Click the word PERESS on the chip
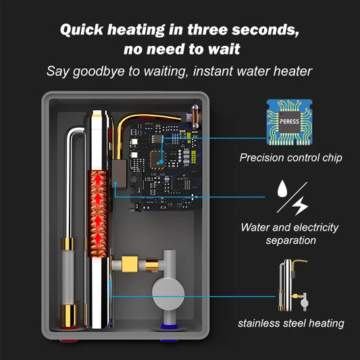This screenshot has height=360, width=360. point(289,122)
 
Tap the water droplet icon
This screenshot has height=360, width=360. point(282,188)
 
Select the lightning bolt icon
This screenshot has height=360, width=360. point(300,205)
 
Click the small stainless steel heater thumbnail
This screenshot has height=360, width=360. point(293,286)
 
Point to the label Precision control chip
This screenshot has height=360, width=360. point(291,158)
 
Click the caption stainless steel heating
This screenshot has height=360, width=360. point(291,324)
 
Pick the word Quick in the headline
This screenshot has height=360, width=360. point(82,30)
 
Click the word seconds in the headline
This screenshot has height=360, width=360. point(265,30)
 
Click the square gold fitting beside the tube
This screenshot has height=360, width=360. point(130,264)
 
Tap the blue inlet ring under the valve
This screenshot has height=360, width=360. point(170,326)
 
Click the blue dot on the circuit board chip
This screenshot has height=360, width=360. point(161,162)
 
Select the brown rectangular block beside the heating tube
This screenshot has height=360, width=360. point(119,174)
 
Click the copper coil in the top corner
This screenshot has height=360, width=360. point(195,117)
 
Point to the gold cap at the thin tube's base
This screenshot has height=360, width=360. point(69,315)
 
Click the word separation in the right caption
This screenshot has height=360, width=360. point(291,240)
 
